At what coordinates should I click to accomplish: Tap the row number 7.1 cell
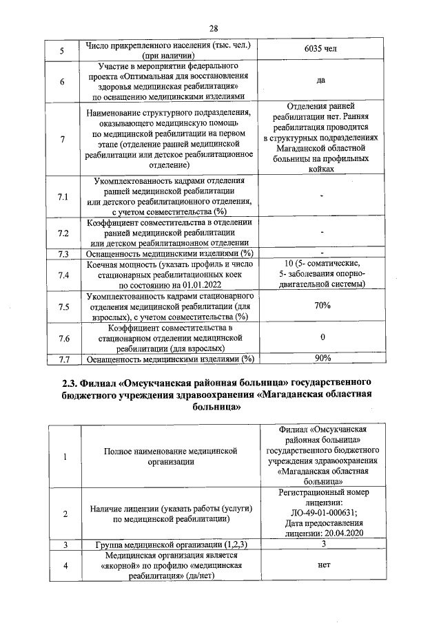[x=62, y=197]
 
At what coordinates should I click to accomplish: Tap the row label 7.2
[x=62, y=233]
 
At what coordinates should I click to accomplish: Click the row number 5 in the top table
[x=62, y=50]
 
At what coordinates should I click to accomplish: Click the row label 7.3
[x=62, y=253]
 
